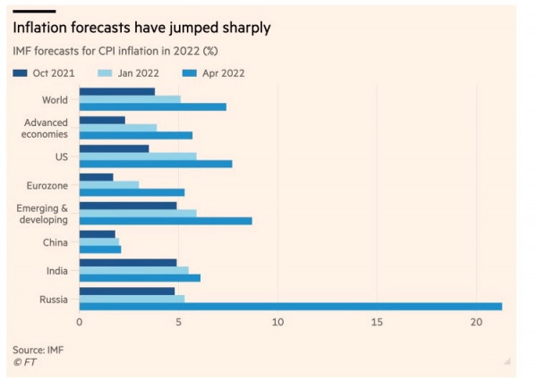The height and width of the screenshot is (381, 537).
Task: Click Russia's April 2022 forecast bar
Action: click(291, 306)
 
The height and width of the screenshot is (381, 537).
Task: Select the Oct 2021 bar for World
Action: click(117, 91)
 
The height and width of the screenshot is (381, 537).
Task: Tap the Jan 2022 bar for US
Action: click(138, 157)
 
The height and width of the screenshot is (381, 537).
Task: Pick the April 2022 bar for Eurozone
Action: click(132, 192)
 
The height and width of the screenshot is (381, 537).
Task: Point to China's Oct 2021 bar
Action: click(98, 234)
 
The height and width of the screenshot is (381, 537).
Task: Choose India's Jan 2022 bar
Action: click(134, 270)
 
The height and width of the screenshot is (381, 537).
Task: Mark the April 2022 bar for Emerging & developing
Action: click(166, 221)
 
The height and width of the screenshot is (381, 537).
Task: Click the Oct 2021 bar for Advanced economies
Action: click(102, 120)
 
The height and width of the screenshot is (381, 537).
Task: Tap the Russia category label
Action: click(52, 299)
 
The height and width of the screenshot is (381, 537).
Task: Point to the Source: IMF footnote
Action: click(38, 349)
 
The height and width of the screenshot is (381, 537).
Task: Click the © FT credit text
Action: click(25, 361)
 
